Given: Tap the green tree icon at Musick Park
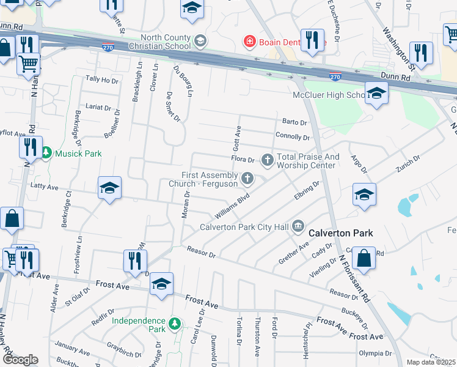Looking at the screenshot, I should [x=47, y=154].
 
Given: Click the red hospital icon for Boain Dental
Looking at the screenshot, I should [x=249, y=42].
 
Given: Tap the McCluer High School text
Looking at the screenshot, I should [x=337, y=95].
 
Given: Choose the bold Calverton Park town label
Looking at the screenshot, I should [x=340, y=233].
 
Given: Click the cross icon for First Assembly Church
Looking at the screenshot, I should [x=247, y=179].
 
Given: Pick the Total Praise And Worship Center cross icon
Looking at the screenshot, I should [x=267, y=161].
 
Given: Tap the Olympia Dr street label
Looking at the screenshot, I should [x=375, y=354].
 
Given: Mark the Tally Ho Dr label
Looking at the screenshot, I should [x=101, y=80].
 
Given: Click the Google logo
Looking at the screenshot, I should [x=20, y=360].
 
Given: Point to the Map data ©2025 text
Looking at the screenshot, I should [x=431, y=362].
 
